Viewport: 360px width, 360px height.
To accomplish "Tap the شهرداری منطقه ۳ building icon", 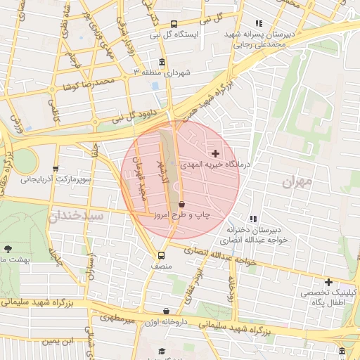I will tap(163, 63).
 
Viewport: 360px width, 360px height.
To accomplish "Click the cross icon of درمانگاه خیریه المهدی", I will tap(215, 153).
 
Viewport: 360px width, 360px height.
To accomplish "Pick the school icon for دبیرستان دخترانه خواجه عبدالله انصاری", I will tap(253, 219).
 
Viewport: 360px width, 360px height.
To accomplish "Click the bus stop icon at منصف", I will tap(161, 255).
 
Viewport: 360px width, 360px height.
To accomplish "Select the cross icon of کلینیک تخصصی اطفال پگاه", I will tap(328, 282).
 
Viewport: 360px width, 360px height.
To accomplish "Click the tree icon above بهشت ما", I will tap(8, 249).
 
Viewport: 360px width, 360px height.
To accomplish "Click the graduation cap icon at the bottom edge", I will tap(161, 352).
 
